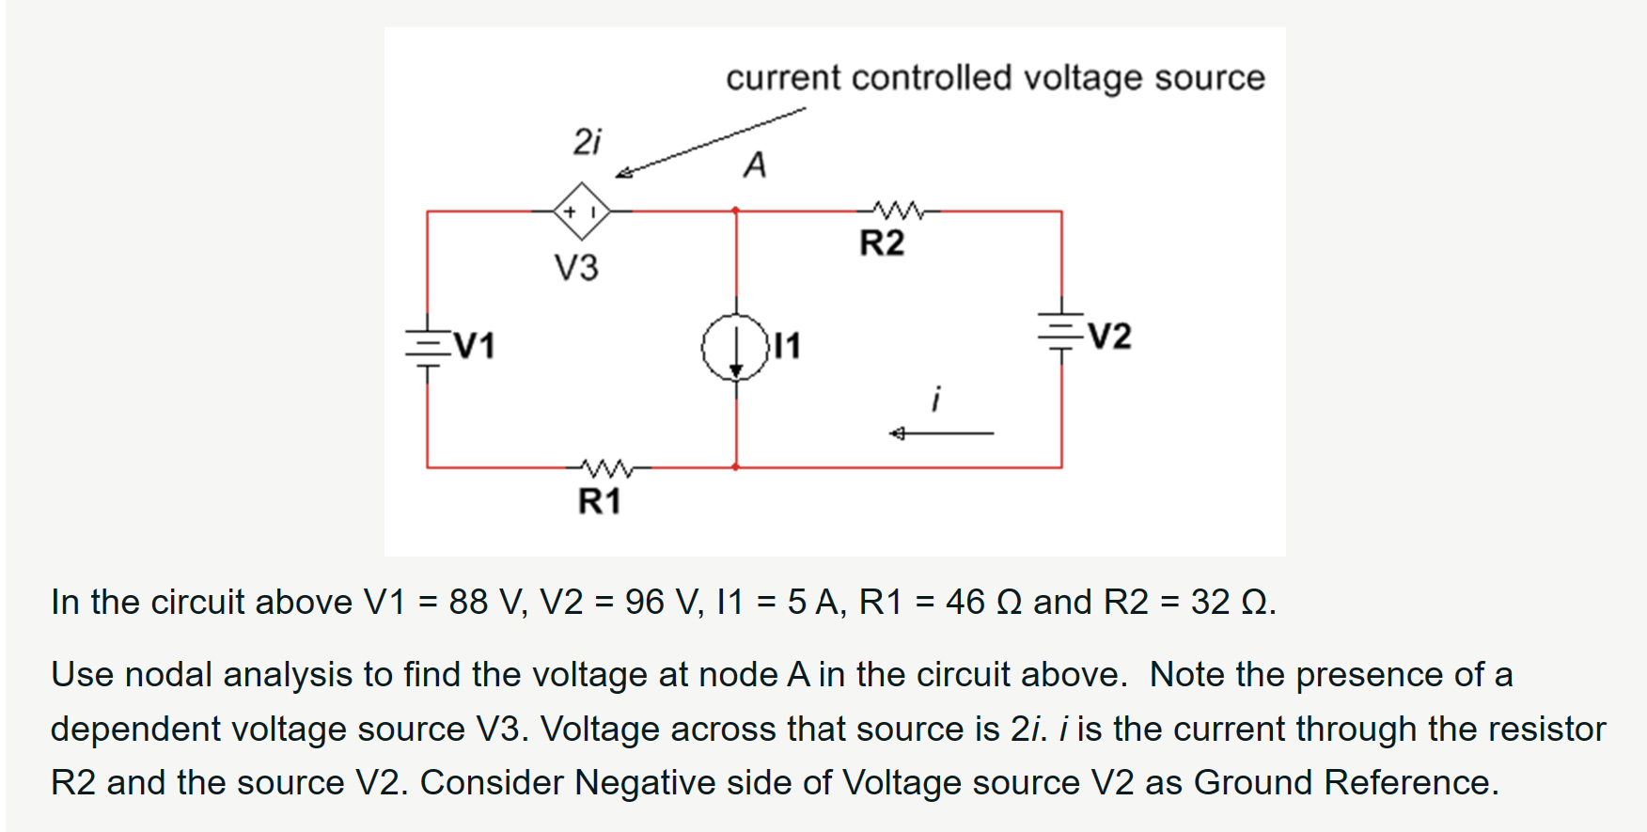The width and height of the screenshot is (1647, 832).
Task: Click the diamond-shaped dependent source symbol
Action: pyautogui.click(x=582, y=211)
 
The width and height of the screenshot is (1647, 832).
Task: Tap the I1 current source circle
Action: pyautogui.click(x=736, y=347)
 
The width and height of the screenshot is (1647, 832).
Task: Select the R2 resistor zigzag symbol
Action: pyautogui.click(x=899, y=210)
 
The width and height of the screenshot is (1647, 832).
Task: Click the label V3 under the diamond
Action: pyautogui.click(x=576, y=268)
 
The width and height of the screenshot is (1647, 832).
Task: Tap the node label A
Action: pyautogui.click(x=755, y=165)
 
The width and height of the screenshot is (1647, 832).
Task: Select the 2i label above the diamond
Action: pyautogui.click(x=587, y=141)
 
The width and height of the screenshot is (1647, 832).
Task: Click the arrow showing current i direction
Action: pyautogui.click(x=940, y=433)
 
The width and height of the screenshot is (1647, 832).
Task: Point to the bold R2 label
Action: pyautogui.click(x=882, y=243)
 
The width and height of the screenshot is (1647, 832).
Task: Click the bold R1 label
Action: pyautogui.click(x=600, y=501)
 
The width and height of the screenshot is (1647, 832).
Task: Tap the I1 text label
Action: pyautogui.click(x=787, y=346)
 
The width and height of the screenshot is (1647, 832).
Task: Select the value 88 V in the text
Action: pyautogui.click(x=482, y=602)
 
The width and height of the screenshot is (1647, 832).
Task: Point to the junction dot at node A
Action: pyautogui.click(x=736, y=211)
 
